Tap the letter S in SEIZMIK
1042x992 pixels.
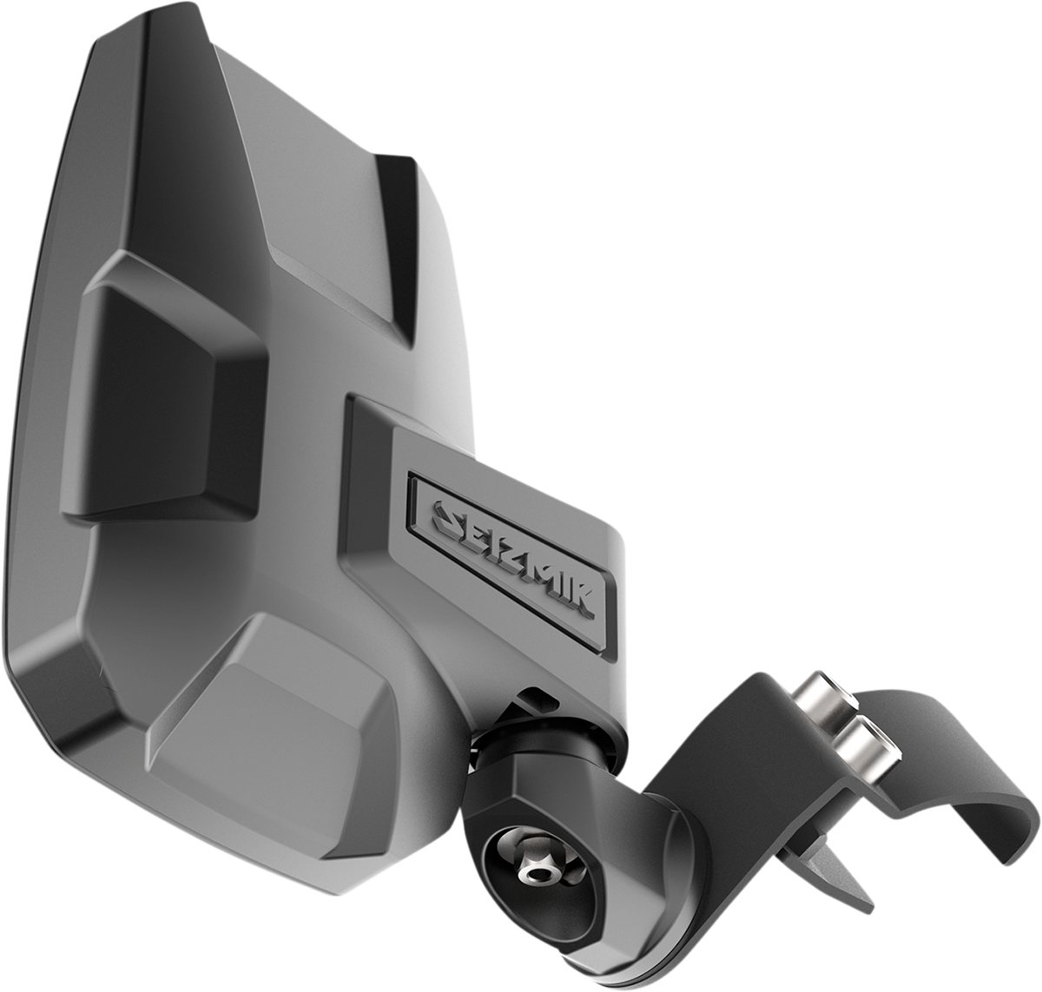click(447, 516)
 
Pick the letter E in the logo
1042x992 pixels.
click(475, 531)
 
